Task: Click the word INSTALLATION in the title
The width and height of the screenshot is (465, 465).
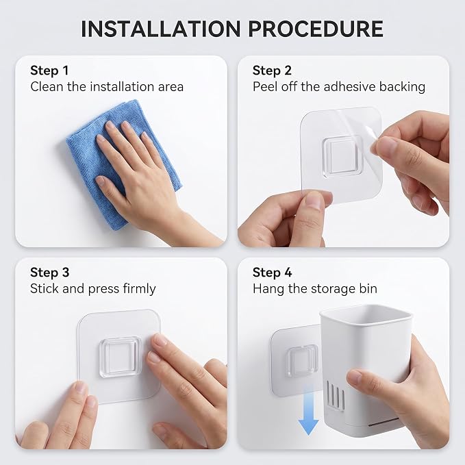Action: (x=160, y=29)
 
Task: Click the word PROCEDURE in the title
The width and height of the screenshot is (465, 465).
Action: (x=316, y=29)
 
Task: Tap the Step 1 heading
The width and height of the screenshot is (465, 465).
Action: (x=49, y=71)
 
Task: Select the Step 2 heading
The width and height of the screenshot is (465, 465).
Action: (x=272, y=71)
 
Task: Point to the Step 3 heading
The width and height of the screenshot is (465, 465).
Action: (x=49, y=273)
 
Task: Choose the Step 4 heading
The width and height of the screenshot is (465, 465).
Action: (x=273, y=273)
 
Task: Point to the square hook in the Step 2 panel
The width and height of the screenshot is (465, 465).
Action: (x=342, y=157)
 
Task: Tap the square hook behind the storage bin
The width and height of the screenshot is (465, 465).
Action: (x=302, y=360)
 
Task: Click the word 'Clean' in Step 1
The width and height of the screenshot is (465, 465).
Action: (x=47, y=87)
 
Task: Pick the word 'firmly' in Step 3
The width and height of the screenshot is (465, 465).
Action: (x=140, y=289)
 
